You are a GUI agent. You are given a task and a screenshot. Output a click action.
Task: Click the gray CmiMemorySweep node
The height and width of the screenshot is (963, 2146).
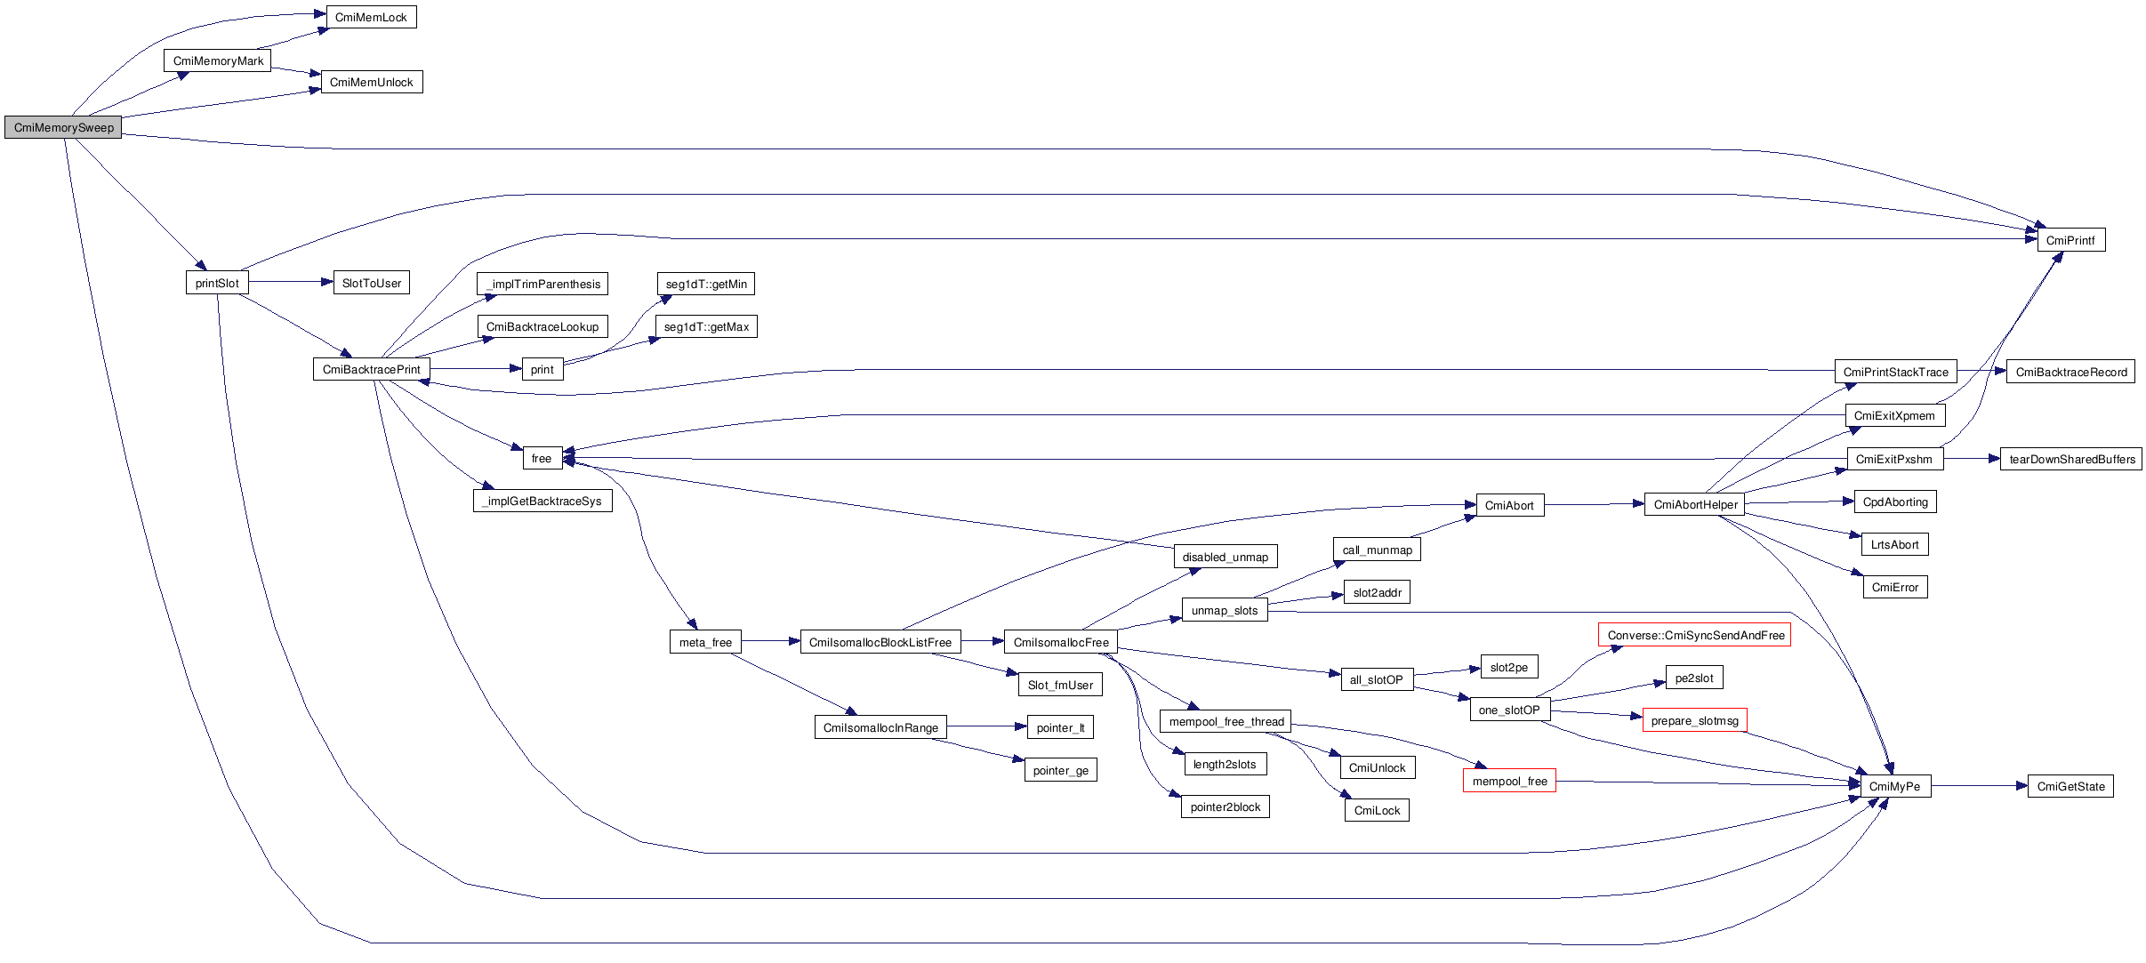pos(63,127)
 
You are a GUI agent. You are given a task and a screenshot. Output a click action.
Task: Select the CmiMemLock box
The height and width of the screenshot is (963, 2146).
pos(371,17)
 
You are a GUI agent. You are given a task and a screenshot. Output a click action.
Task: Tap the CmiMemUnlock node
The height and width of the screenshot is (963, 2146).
pos(371,82)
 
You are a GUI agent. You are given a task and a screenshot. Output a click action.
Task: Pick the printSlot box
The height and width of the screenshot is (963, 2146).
pos(217,283)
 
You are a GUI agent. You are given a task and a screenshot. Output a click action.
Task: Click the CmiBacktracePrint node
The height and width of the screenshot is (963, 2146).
pos(371,369)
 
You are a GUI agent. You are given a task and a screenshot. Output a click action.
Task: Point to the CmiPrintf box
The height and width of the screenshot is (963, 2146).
pos(2070,240)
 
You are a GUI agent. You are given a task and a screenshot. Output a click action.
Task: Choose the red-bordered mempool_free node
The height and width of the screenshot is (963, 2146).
pos(1509,781)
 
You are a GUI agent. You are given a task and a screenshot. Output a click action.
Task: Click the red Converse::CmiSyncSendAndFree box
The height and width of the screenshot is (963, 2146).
pos(1695,635)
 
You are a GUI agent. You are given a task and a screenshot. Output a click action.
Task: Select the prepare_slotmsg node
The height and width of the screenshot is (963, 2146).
pos(1694,720)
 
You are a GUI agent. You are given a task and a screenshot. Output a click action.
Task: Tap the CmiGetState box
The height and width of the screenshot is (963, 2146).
pos(2070,786)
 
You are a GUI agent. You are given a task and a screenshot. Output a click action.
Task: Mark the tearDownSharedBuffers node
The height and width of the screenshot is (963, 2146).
pos(2071,459)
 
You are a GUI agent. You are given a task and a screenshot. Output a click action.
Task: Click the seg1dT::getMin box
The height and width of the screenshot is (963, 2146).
pos(706,284)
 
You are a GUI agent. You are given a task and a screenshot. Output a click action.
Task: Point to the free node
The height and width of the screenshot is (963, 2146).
pos(542,458)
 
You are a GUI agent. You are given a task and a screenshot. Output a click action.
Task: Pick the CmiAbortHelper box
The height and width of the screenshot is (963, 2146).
pos(1695,504)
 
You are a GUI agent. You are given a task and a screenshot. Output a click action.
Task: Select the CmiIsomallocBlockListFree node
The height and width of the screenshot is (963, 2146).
pos(880,642)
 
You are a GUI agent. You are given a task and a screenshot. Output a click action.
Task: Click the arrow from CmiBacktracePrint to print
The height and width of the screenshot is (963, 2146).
pos(476,369)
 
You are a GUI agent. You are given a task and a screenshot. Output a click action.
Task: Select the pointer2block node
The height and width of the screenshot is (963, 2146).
pos(1226,807)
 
